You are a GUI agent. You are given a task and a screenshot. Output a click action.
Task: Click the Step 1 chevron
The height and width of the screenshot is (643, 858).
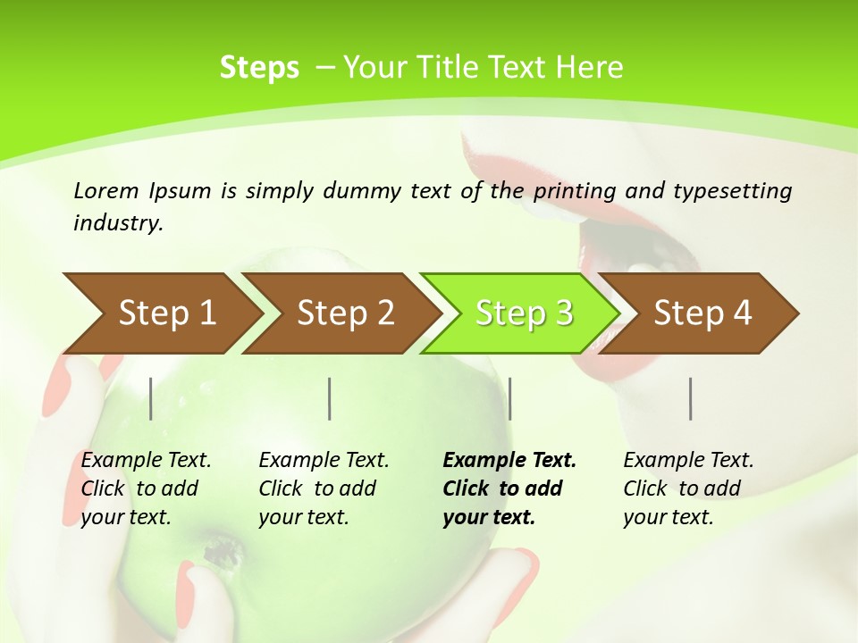click(161, 313)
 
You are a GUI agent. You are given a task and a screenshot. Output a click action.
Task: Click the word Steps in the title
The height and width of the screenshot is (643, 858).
click(259, 68)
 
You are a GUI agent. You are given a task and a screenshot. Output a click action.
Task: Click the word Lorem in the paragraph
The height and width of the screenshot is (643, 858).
click(105, 190)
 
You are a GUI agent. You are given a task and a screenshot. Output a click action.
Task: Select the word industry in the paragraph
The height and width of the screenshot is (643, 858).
click(117, 222)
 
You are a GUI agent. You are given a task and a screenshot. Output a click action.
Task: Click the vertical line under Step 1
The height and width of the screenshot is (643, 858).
click(150, 398)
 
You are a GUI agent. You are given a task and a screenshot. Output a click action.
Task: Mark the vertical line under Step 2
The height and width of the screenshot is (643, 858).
click(330, 398)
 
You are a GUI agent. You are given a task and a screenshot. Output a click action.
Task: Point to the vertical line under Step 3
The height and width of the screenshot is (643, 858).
click(509, 398)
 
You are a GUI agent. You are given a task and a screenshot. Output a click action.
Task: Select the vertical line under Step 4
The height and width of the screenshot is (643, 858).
click(690, 398)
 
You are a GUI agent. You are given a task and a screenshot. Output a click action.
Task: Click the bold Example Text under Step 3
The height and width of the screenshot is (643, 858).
click(509, 461)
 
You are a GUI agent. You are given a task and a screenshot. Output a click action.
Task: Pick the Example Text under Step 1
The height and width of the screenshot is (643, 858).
click(146, 461)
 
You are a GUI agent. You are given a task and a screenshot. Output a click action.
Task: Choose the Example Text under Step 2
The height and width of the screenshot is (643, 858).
click(324, 461)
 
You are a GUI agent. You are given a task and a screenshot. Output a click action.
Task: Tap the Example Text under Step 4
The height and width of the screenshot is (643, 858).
click(688, 461)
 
